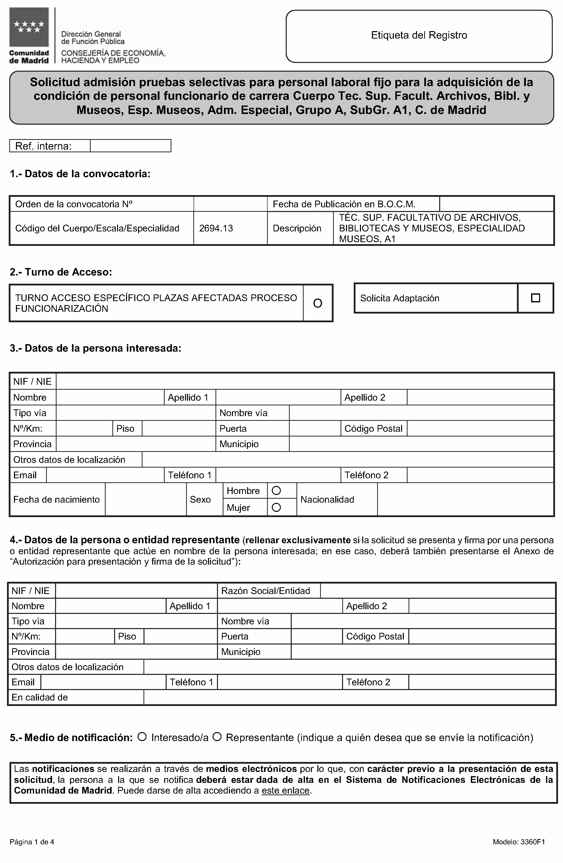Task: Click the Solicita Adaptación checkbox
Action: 535,298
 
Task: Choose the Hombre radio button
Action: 276,491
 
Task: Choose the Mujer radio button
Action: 276,507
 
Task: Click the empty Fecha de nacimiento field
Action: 145,499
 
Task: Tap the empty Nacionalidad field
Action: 465,499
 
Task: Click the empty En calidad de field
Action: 349,697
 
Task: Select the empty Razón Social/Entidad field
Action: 437,591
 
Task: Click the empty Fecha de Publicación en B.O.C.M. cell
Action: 496,204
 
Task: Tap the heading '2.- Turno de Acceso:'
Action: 61,272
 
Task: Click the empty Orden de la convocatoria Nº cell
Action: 230,204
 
